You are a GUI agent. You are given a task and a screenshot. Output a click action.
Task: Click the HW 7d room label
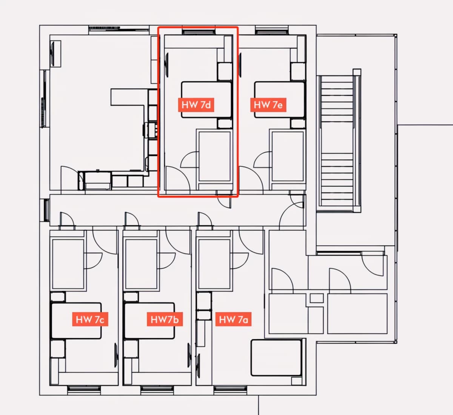pos(196,105)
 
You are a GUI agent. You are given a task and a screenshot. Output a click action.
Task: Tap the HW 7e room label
pos(268,105)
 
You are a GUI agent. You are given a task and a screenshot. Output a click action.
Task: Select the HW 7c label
pos(90,319)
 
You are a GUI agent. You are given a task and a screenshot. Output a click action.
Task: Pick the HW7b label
pos(165,319)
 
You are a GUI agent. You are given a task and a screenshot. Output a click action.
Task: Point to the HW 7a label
pos(233,319)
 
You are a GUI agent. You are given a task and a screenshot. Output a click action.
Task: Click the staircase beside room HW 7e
pos(337,141)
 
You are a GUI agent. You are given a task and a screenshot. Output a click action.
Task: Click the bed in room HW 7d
pos(206,100)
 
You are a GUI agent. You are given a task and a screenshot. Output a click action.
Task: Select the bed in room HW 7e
pos(280,100)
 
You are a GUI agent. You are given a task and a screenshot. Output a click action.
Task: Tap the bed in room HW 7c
pos(76,321)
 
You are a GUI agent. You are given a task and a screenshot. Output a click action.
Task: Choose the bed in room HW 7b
pos(149,321)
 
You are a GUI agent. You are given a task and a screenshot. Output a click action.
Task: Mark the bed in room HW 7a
pos(276,358)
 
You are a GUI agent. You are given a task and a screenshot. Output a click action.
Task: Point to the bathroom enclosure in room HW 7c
pos(68,261)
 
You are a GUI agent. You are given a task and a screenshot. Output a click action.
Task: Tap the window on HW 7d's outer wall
pos(199,32)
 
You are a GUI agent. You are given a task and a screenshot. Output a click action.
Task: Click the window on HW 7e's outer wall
pos(272,32)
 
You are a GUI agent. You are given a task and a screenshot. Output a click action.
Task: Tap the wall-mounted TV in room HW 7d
pos(167,65)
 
